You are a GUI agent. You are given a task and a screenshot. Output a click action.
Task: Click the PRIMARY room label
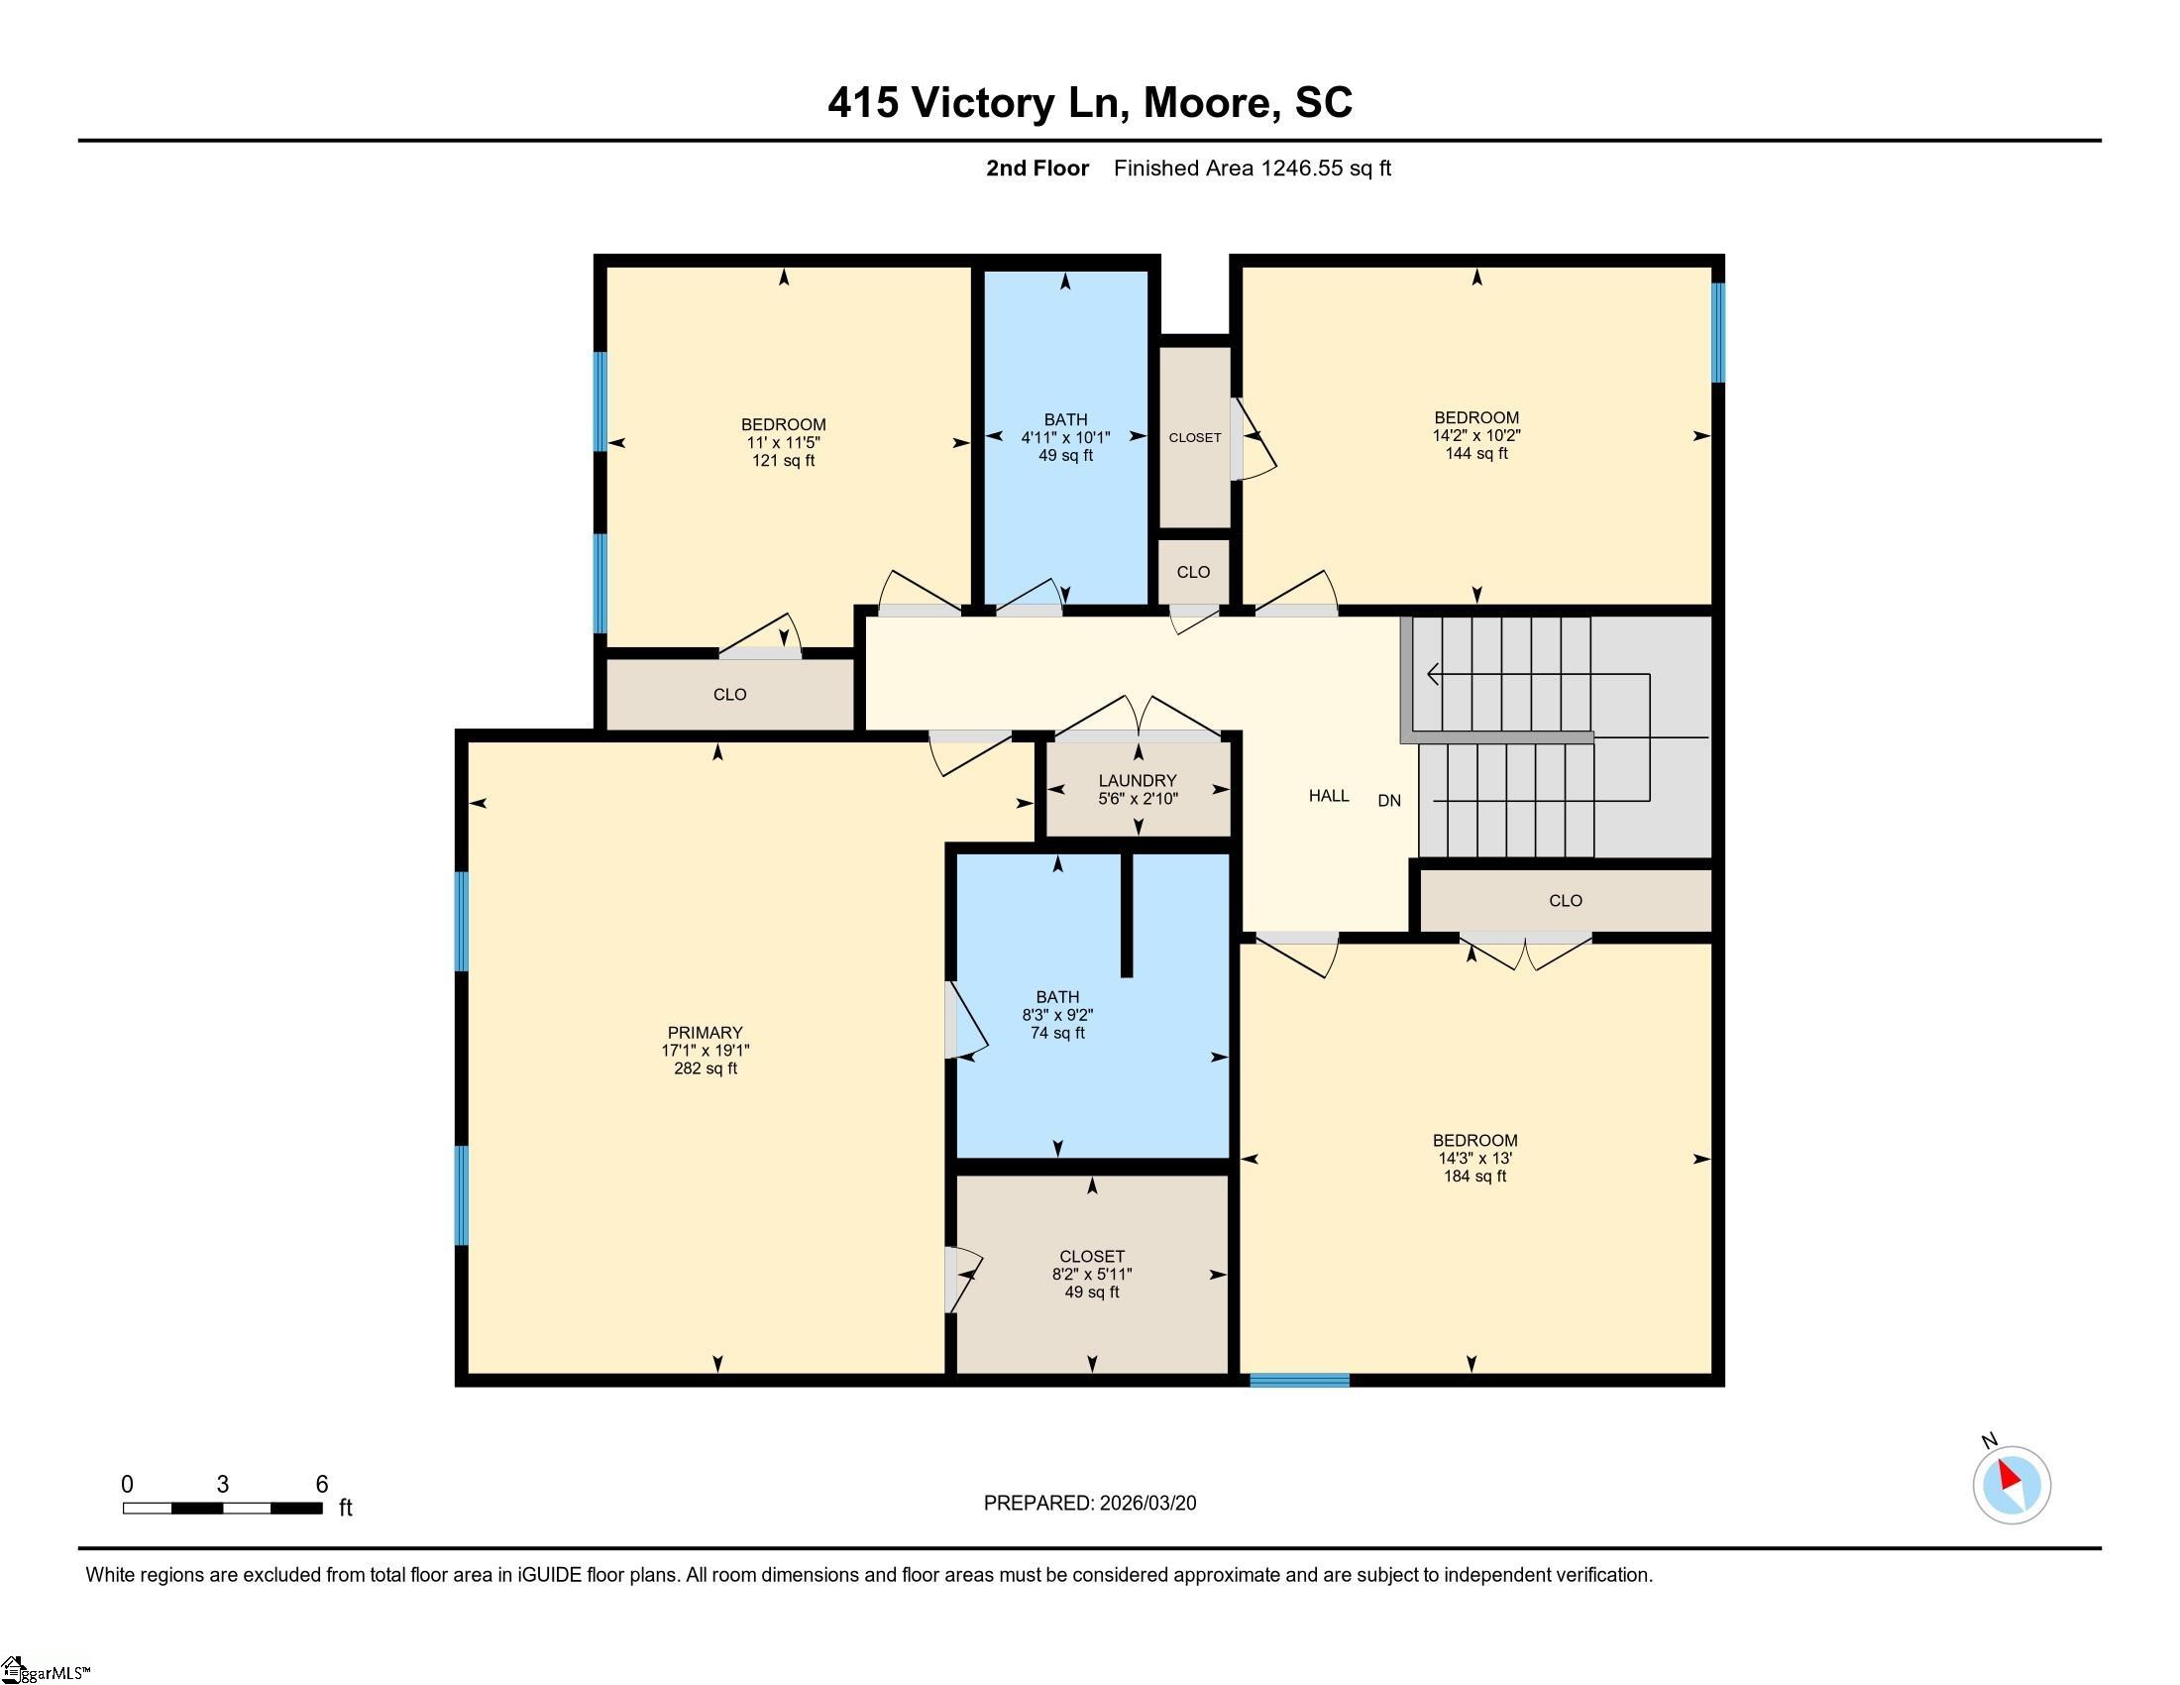pyautogui.click(x=705, y=1032)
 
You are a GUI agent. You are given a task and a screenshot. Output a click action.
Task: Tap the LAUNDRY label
pyautogui.click(x=1137, y=781)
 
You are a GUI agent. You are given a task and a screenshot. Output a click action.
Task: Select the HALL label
pyautogui.click(x=1329, y=796)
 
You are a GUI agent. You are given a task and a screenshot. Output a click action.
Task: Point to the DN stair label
pyautogui.click(x=1389, y=800)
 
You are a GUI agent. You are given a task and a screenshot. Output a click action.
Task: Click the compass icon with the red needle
pyautogui.click(x=2012, y=1485)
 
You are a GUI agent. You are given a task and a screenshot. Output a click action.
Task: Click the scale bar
pyautogui.click(x=223, y=1508)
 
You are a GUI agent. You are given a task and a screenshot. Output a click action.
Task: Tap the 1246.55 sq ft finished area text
pyautogui.click(x=1326, y=168)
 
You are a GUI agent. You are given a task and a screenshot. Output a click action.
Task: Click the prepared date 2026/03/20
pyautogui.click(x=1146, y=1504)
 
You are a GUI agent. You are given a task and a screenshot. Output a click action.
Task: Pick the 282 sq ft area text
pyautogui.click(x=705, y=1068)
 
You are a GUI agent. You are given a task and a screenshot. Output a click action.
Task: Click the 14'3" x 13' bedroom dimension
pyautogui.click(x=1474, y=1158)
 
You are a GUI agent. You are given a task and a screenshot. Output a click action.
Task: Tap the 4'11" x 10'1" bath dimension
pyautogui.click(x=1065, y=437)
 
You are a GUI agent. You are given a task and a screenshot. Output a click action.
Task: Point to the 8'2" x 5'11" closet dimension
pyautogui.click(x=1091, y=1274)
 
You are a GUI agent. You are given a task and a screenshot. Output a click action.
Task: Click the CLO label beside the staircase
pyautogui.click(x=1565, y=900)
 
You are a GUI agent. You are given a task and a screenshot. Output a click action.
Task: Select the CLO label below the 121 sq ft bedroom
pyautogui.click(x=729, y=694)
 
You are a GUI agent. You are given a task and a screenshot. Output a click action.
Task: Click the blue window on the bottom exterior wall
pyautogui.click(x=1300, y=1380)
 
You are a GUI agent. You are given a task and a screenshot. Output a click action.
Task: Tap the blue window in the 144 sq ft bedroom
pyautogui.click(x=1718, y=332)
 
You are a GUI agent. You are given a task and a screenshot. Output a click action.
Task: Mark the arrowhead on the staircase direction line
pyautogui.click(x=1434, y=675)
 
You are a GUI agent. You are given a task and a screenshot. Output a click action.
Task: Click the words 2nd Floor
pyautogui.click(x=1037, y=168)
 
